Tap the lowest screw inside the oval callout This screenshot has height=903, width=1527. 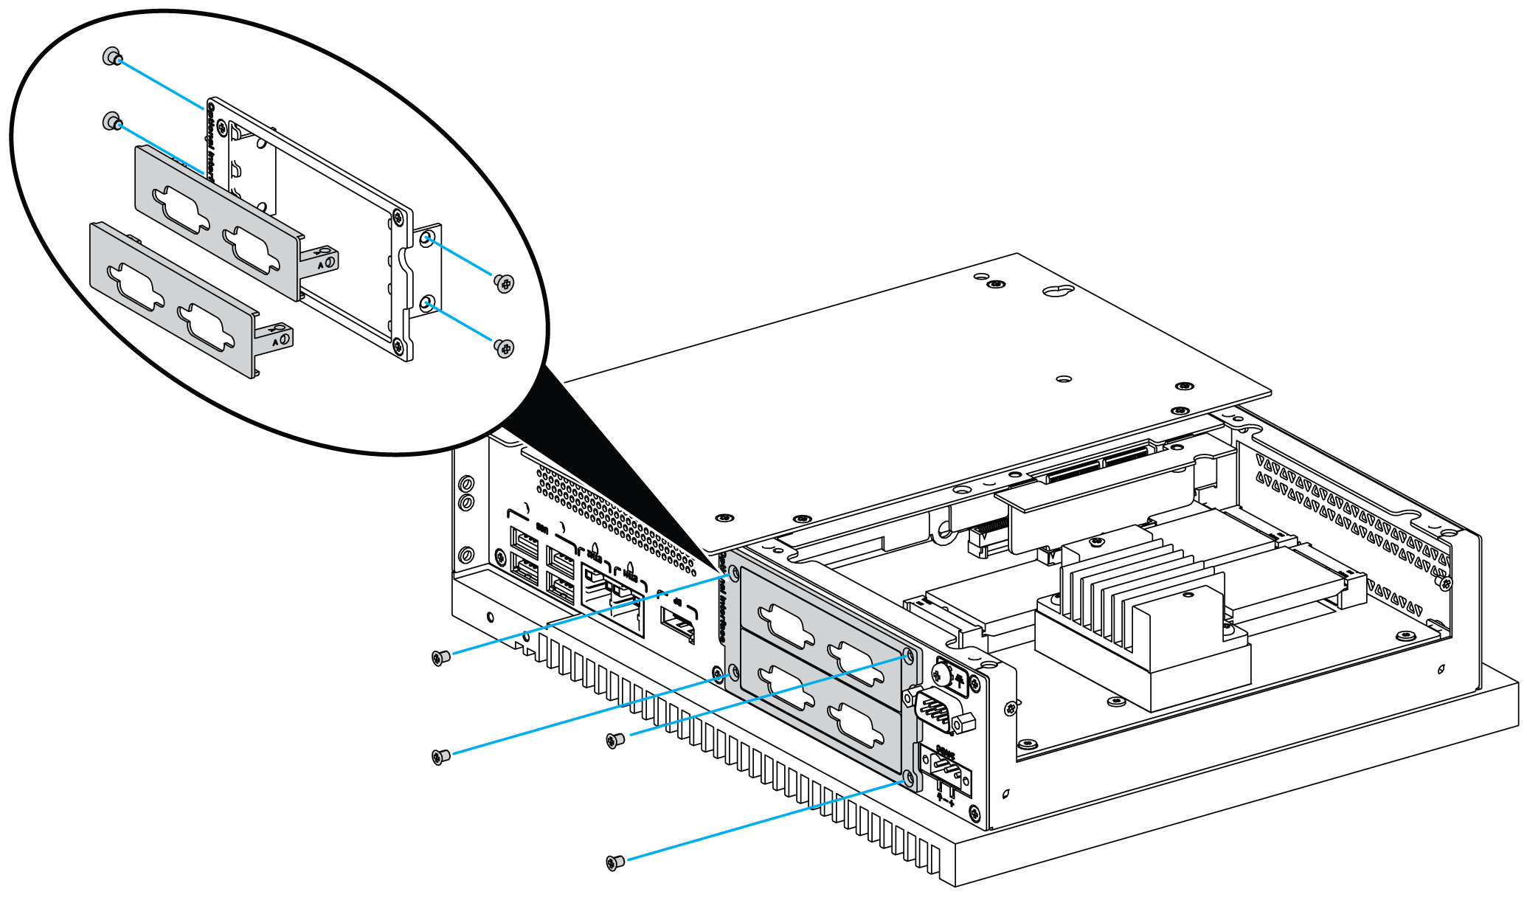pyautogui.click(x=505, y=347)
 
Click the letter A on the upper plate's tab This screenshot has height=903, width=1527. pyautogui.click(x=320, y=263)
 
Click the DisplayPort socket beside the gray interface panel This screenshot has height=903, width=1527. pyautogui.click(x=678, y=623)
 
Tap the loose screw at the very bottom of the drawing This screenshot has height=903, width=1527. pyautogui.click(x=614, y=862)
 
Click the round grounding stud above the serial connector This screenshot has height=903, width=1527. pyautogui.click(x=939, y=672)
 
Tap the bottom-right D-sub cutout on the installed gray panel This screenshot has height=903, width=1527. pyautogui.click(x=856, y=724)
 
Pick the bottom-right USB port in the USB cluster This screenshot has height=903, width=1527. pyautogui.click(x=561, y=589)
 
